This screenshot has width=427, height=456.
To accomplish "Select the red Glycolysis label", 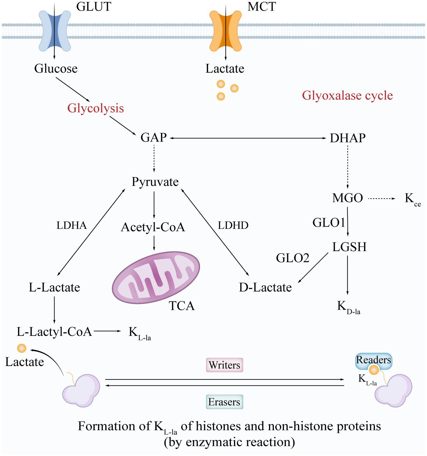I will point(95,108).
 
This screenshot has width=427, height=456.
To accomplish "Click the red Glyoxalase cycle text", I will point(347,95).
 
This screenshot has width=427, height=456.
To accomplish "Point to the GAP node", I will point(154,137).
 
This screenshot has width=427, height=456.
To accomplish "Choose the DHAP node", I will point(348,138).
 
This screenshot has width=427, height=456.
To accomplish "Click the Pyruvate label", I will point(155,182).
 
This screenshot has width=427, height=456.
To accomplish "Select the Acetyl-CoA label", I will point(153,227).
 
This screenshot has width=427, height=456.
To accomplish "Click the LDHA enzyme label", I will point(72,225).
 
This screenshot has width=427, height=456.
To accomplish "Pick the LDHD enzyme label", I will point(233,225).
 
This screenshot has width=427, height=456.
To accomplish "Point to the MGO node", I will point(348,198).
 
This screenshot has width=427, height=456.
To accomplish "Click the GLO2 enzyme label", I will point(292,258).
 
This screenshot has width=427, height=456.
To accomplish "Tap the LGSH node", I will point(349,247).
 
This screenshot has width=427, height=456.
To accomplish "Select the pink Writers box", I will point(224,365).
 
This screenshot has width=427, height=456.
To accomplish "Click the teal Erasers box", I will point(224,402).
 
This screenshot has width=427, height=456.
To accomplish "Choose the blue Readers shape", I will point(373,360).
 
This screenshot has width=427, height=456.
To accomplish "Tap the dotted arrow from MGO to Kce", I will point(381,199).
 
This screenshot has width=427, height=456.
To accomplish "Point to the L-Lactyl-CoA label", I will point(54,332).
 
